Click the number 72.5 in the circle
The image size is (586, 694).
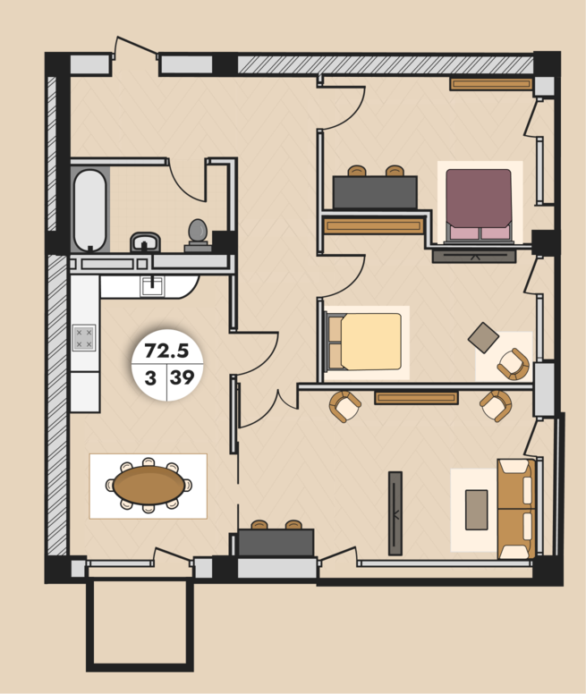166,351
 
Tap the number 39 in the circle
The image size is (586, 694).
182,377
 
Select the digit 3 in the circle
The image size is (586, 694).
150,378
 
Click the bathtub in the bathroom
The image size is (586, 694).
90,210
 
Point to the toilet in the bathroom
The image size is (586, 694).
198,235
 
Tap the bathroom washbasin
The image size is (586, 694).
145,241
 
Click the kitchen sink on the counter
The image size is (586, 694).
152,286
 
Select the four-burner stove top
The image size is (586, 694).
84,338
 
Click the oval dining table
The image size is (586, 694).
149,485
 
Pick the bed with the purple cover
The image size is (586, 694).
479,206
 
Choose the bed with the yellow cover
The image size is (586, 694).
364,342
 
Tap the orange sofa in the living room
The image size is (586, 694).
516,509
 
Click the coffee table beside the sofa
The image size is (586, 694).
476,510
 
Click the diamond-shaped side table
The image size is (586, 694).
483,338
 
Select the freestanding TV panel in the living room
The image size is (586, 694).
395,513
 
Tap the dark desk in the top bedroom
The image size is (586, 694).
375,191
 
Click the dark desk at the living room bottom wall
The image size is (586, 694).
276,542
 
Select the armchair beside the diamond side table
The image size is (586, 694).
514,364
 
